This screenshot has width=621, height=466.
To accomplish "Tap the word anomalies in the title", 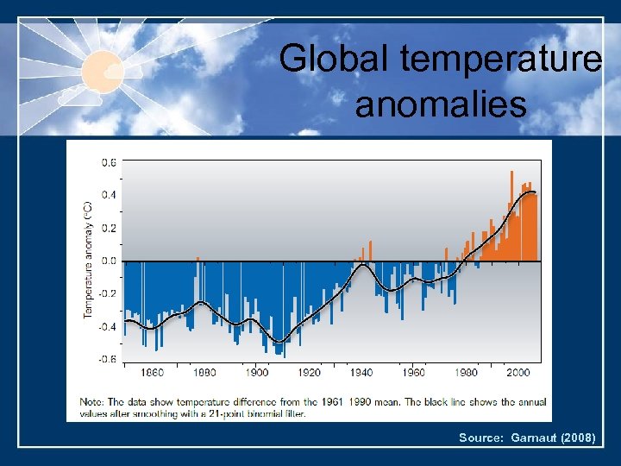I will coord(440,105).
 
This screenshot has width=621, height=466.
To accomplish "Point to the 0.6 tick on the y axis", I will coord(110,161).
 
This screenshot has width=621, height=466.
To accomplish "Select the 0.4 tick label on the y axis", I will coord(110,195).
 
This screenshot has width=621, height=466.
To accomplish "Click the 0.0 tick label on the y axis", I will coord(110,261).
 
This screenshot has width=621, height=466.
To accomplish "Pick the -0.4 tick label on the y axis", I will coord(109,326).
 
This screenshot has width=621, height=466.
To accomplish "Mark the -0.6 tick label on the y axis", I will coord(109,360).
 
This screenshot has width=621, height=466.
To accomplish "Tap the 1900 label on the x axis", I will coord(257,373).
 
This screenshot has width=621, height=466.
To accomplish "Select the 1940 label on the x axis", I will coord(361,373).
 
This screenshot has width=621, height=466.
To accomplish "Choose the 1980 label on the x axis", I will coord(466,373).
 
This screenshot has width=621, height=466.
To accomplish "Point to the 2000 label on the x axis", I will coord(518,373).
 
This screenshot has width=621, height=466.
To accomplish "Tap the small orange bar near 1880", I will coord(198,258).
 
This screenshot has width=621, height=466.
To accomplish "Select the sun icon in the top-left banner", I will coord(103,68).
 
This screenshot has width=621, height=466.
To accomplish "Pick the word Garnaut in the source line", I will coord(529,438).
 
